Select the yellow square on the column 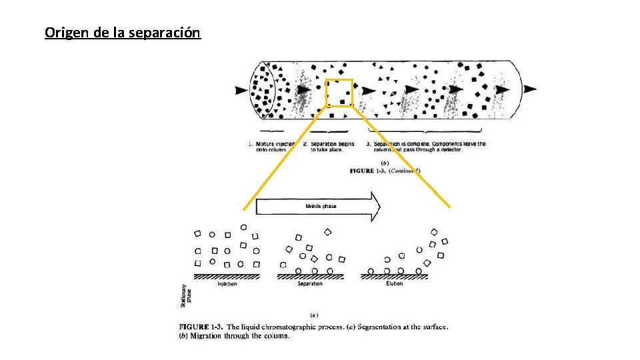tap(339, 93)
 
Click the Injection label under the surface tap(227, 284)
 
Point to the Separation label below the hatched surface tap(310, 284)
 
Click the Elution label tap(395, 284)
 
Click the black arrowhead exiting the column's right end tap(529, 89)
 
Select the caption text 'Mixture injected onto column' tap(271, 147)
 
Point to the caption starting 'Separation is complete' tap(426, 147)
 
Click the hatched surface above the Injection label tap(227, 275)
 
